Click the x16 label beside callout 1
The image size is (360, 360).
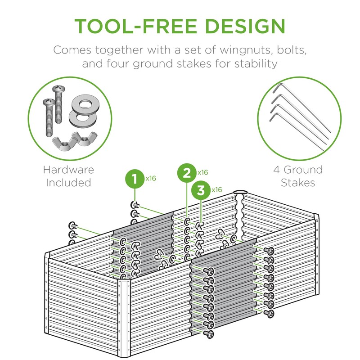click(x=150, y=179)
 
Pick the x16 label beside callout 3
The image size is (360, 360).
click(x=216, y=189)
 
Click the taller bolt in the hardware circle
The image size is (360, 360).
click(x=59, y=103)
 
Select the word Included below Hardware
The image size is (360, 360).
click(x=68, y=183)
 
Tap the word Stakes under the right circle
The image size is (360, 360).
click(x=298, y=183)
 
